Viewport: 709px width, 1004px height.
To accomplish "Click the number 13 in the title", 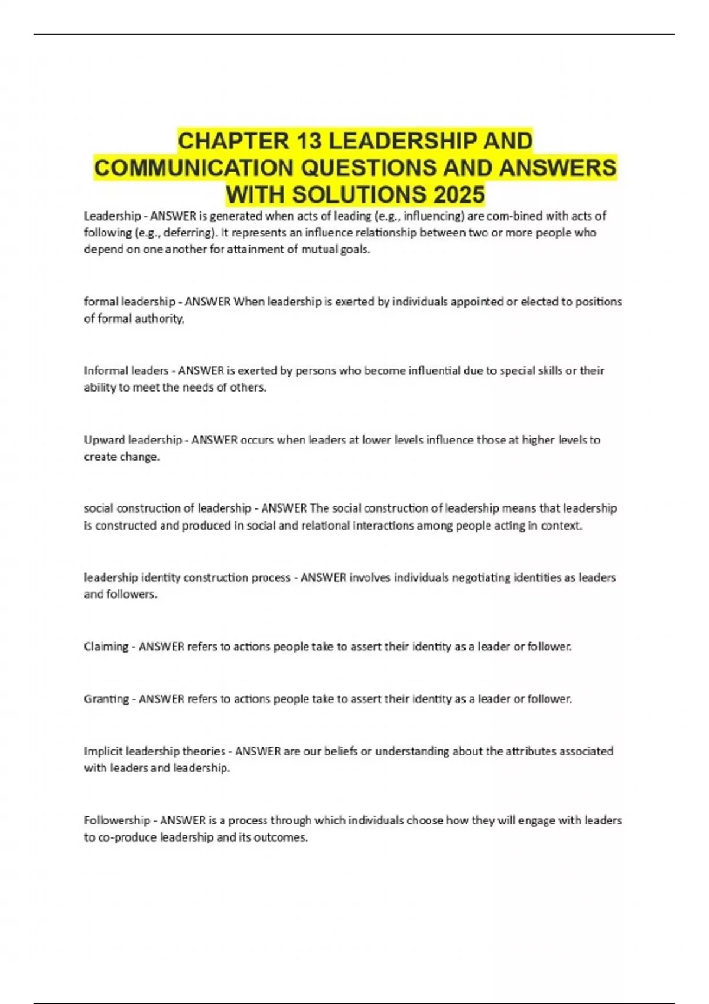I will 308,141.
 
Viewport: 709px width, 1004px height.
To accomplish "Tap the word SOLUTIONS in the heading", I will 359,194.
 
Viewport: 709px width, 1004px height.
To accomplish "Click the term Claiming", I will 106,647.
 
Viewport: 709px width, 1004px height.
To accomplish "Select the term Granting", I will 106,699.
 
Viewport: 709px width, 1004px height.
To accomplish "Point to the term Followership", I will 117,820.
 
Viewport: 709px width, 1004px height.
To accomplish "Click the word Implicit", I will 103,751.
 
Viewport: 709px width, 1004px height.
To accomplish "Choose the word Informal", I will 105,371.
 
